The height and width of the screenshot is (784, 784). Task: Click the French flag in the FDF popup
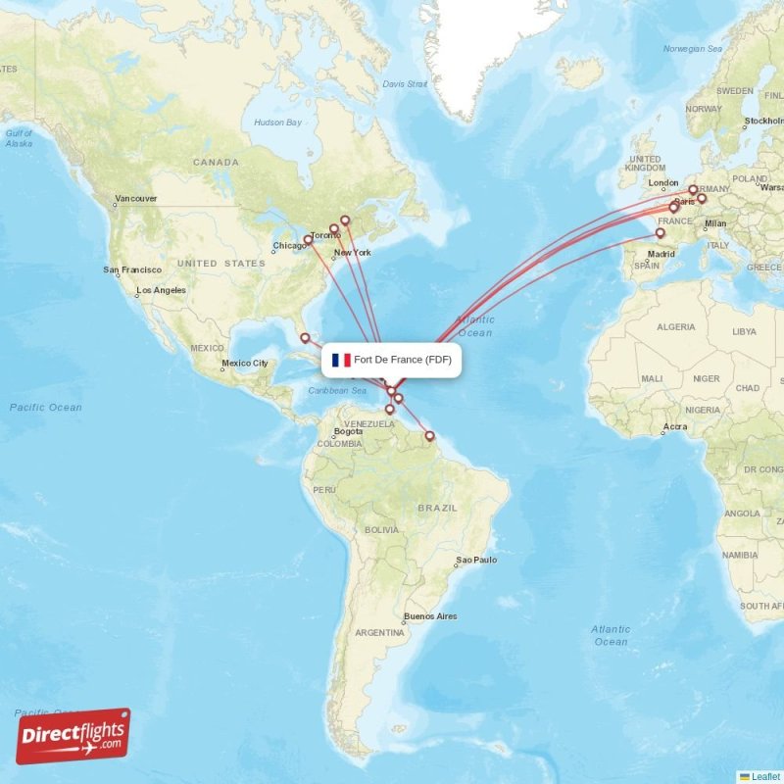(x=341, y=361)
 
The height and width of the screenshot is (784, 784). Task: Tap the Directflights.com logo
(x=73, y=737)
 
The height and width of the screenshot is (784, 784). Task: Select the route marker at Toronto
(x=334, y=229)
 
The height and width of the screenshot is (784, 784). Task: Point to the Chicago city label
(x=288, y=246)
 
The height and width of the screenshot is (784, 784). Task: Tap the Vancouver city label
(x=135, y=199)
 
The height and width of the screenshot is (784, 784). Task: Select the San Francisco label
(x=133, y=270)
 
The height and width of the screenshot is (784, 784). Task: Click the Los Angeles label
(x=161, y=291)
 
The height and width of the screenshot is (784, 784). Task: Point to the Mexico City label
(x=244, y=364)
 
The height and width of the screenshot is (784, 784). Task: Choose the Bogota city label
(x=348, y=431)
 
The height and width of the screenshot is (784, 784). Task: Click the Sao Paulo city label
(x=476, y=561)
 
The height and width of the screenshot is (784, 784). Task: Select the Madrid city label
(x=660, y=254)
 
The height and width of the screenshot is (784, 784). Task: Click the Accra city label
(x=674, y=427)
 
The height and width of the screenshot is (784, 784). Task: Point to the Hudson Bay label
(x=277, y=122)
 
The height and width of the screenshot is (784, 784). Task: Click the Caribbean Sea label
(x=337, y=391)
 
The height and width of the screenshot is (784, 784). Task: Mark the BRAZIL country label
(x=437, y=508)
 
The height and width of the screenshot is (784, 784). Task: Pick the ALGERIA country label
(x=675, y=326)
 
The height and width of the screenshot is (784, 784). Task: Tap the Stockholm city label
(x=763, y=122)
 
